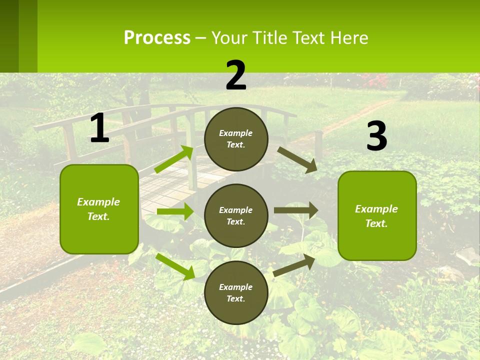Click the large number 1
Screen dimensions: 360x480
click(x=99, y=128)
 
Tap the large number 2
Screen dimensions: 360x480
click(x=236, y=75)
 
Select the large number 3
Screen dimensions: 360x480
click(x=376, y=136)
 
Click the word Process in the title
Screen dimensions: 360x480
click(x=157, y=38)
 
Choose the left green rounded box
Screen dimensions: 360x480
click(x=99, y=209)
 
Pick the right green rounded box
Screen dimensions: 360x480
click(x=377, y=215)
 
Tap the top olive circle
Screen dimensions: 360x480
click(x=236, y=139)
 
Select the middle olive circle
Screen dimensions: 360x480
click(x=236, y=215)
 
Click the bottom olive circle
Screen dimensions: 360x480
click(x=236, y=292)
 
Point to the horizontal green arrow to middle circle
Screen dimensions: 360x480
click(x=175, y=211)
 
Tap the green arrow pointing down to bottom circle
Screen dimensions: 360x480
click(x=175, y=266)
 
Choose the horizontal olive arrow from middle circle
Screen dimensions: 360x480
click(x=296, y=210)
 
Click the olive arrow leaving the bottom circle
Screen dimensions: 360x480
click(x=294, y=265)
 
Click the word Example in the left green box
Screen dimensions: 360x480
click(x=98, y=202)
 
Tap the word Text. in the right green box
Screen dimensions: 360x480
click(x=376, y=223)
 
